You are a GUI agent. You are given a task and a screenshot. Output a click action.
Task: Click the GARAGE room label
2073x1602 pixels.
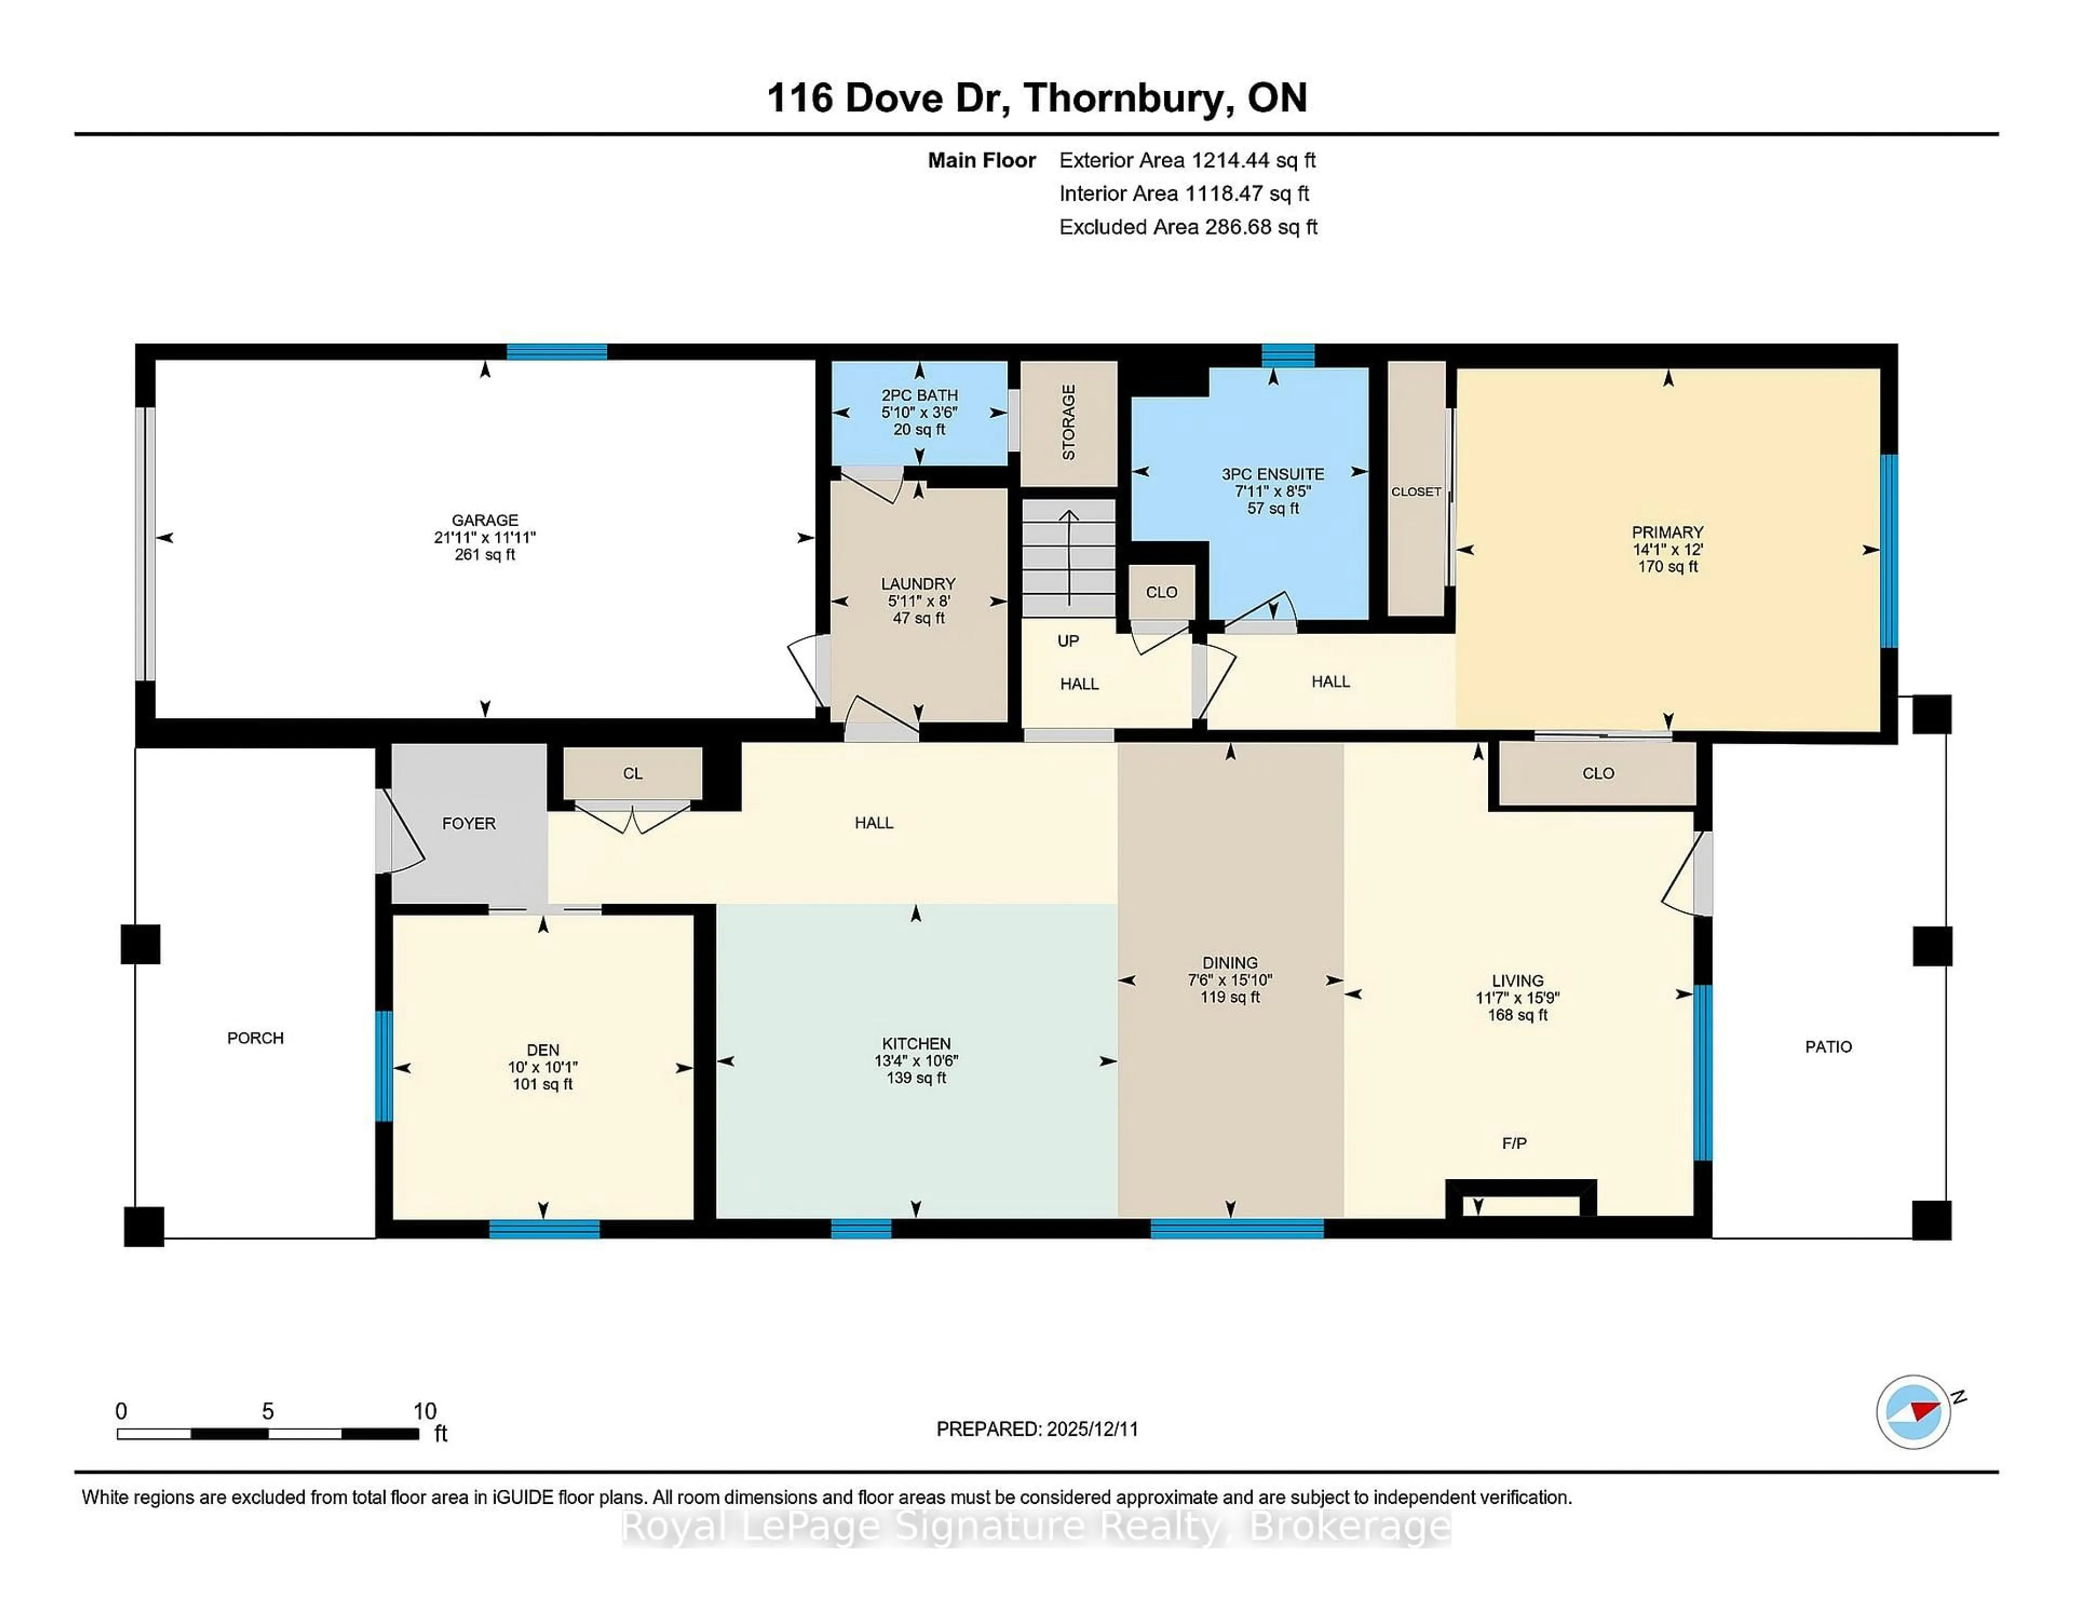click(x=484, y=520)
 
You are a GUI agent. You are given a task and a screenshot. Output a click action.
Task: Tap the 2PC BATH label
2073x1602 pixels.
click(x=919, y=395)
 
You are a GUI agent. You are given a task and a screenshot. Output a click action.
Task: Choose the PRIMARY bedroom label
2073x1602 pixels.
click(x=1666, y=532)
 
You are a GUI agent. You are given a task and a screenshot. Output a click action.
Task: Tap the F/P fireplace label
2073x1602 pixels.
click(x=1514, y=1144)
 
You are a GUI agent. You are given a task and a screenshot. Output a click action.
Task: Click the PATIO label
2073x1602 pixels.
click(x=1827, y=1046)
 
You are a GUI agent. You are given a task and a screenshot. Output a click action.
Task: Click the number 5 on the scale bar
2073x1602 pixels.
click(x=268, y=1411)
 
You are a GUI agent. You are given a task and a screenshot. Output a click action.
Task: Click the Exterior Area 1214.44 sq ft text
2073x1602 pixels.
click(x=1187, y=160)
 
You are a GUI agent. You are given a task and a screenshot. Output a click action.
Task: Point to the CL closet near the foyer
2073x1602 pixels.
click(x=632, y=773)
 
